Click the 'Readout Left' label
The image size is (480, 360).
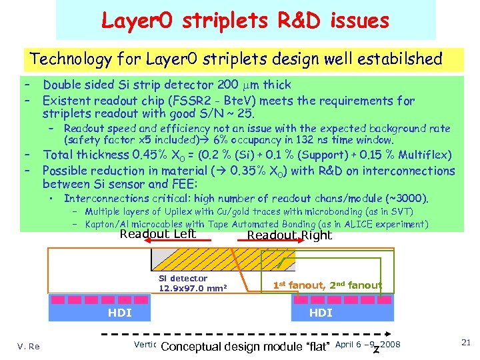[157, 233]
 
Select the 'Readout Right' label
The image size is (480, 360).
[289, 235]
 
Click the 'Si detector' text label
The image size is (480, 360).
[183, 279]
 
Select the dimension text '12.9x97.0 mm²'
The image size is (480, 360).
[193, 288]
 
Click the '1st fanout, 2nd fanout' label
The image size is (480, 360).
[327, 285]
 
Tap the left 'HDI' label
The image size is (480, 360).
[120, 313]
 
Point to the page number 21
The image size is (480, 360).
[465, 342]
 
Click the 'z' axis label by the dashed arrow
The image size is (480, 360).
[377, 349]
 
